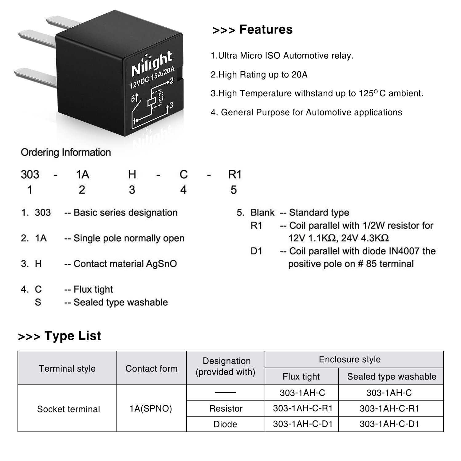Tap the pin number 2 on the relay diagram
pos(171,81)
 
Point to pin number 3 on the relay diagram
pos(171,106)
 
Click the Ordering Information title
pos(66,152)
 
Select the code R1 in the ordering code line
pos(235,175)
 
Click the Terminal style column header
pos(67,368)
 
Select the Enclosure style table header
pos(350,359)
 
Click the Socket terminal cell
pos(69,409)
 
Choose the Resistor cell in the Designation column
pos(226,408)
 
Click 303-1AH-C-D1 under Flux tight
pos(303,424)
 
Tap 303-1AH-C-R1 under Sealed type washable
pos(389,408)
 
